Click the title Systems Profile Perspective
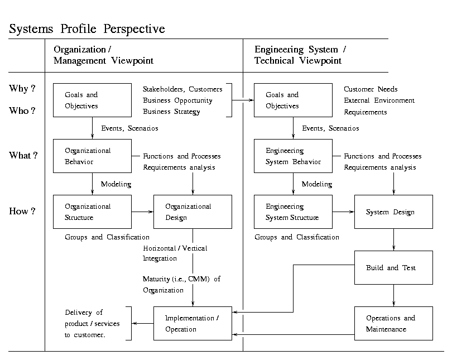click(87, 29)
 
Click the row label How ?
click(22, 211)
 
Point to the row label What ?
click(23, 155)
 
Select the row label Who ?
click(22, 111)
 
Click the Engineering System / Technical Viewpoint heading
click(300, 55)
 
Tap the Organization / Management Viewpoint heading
click(104, 55)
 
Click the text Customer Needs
click(371, 89)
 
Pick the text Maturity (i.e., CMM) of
click(181, 279)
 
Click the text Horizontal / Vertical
click(175, 248)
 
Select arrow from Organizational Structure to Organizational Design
click(143, 212)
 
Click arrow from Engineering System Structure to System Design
click(344, 212)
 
